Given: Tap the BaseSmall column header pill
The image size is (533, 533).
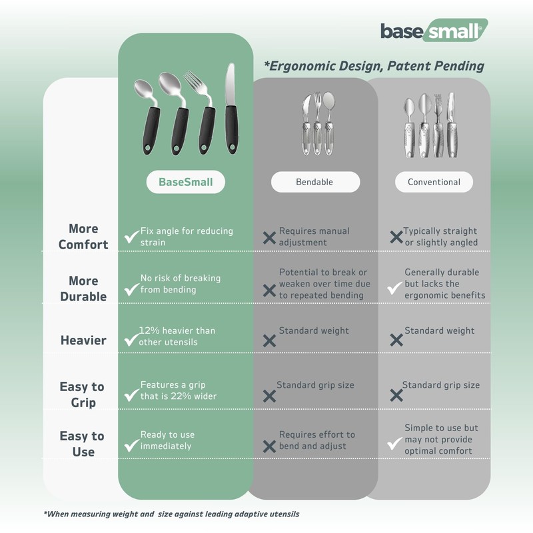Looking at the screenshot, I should [x=186, y=182].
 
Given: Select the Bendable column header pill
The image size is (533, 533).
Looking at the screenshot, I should [x=314, y=182].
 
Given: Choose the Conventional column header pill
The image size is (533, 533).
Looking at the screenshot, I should [x=434, y=182].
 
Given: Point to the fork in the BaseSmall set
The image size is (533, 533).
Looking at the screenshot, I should [x=208, y=113].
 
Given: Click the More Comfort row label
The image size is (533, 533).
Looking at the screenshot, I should [x=83, y=237].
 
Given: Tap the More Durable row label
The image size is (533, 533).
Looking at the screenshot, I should [x=83, y=288].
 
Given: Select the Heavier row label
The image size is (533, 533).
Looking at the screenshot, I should [x=83, y=340].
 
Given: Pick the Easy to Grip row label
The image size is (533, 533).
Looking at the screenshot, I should [x=83, y=394].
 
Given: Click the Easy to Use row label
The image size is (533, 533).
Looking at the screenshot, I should [x=82, y=444].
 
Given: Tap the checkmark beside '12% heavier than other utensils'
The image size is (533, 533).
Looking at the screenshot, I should [x=131, y=339].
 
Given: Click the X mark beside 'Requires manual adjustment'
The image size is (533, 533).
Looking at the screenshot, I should [x=269, y=237].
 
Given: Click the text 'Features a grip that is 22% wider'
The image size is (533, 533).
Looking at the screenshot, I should [x=179, y=390].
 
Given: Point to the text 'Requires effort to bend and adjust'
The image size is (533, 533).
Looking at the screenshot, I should [x=316, y=440].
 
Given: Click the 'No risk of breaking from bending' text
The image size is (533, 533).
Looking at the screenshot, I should [x=180, y=284].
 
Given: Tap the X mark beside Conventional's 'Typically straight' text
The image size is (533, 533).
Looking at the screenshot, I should [x=396, y=237].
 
